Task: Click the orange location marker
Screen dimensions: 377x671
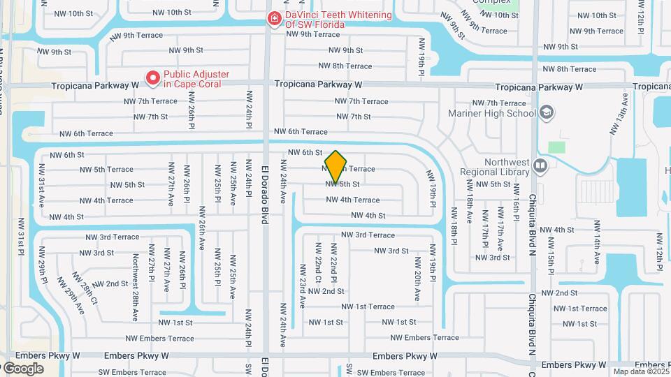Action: click(336, 167)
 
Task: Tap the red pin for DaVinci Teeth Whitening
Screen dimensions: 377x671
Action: click(273, 18)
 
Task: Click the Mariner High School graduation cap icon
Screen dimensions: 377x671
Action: click(546, 112)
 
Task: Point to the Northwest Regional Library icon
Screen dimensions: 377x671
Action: click(539, 166)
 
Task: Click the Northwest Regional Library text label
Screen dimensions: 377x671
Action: click(496, 166)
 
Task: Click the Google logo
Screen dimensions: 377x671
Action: click(22, 368)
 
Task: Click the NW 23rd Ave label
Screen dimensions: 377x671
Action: click(303, 286)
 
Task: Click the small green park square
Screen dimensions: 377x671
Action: click(556, 147)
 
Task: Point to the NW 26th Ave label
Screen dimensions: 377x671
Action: click(201, 225)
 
